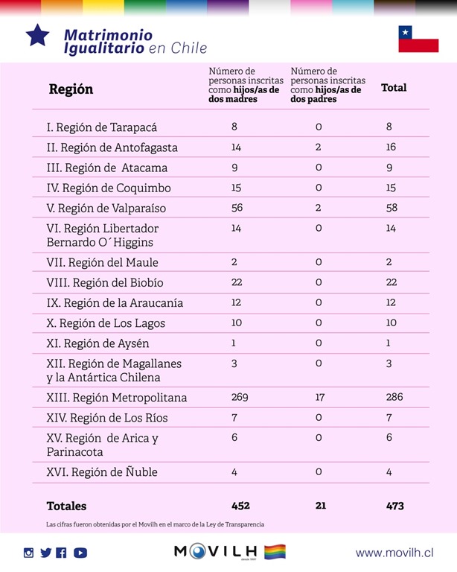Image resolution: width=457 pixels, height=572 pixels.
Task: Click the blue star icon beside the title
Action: click(37, 35)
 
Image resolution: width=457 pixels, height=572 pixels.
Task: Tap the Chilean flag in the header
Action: click(418, 39)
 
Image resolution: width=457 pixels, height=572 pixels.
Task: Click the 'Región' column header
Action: click(71, 89)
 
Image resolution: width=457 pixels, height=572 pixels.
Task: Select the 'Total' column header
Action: click(394, 88)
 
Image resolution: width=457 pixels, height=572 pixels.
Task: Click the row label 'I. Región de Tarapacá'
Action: click(101, 127)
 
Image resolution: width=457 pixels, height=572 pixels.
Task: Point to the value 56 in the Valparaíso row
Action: click(237, 208)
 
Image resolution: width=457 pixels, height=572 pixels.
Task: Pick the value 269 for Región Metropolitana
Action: click(239, 397)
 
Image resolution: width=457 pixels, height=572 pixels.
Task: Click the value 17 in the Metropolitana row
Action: click(320, 397)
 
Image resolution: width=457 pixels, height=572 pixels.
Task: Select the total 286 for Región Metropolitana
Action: click(394, 397)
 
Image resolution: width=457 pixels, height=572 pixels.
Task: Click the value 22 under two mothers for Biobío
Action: click(237, 282)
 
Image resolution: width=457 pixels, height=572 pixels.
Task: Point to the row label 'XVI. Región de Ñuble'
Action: click(101, 472)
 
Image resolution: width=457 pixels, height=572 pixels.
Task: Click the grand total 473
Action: click(394, 506)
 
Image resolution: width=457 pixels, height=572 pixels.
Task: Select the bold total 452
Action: click(240, 506)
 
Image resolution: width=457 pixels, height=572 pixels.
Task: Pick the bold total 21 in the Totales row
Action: click(321, 506)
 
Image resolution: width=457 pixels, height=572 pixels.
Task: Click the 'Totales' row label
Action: click(66, 506)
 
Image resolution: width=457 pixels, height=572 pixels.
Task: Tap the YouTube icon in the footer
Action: click(80, 553)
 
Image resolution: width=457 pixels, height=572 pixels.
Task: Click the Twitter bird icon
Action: click(46, 553)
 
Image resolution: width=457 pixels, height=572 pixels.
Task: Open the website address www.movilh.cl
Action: click(394, 553)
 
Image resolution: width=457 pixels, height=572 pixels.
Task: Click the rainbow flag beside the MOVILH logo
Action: click(275, 552)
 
